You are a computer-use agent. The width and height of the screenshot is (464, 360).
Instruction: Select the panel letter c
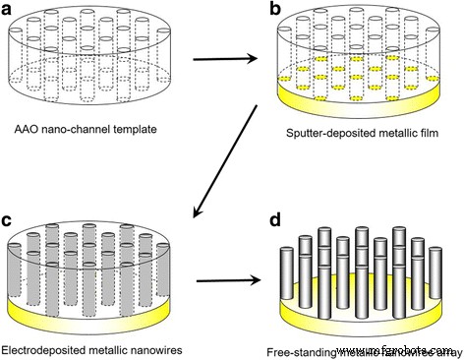10,192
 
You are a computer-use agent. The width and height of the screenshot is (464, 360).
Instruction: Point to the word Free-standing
301,349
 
